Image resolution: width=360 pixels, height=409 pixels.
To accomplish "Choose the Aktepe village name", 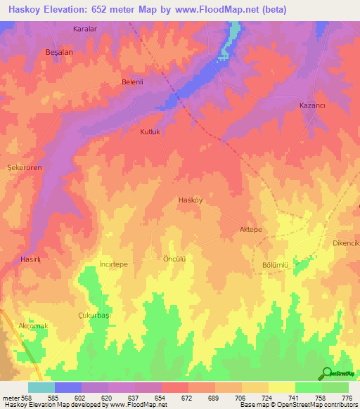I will (251, 230).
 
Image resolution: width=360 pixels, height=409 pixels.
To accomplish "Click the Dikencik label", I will (346, 243).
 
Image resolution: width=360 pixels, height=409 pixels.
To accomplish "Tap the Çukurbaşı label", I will (94, 316).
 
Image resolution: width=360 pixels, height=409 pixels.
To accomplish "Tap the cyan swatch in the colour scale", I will (41, 387).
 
